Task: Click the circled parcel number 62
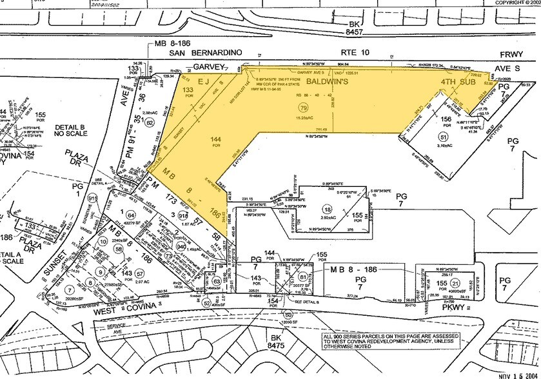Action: pos(150,121)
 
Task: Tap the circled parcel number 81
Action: pos(303,277)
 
